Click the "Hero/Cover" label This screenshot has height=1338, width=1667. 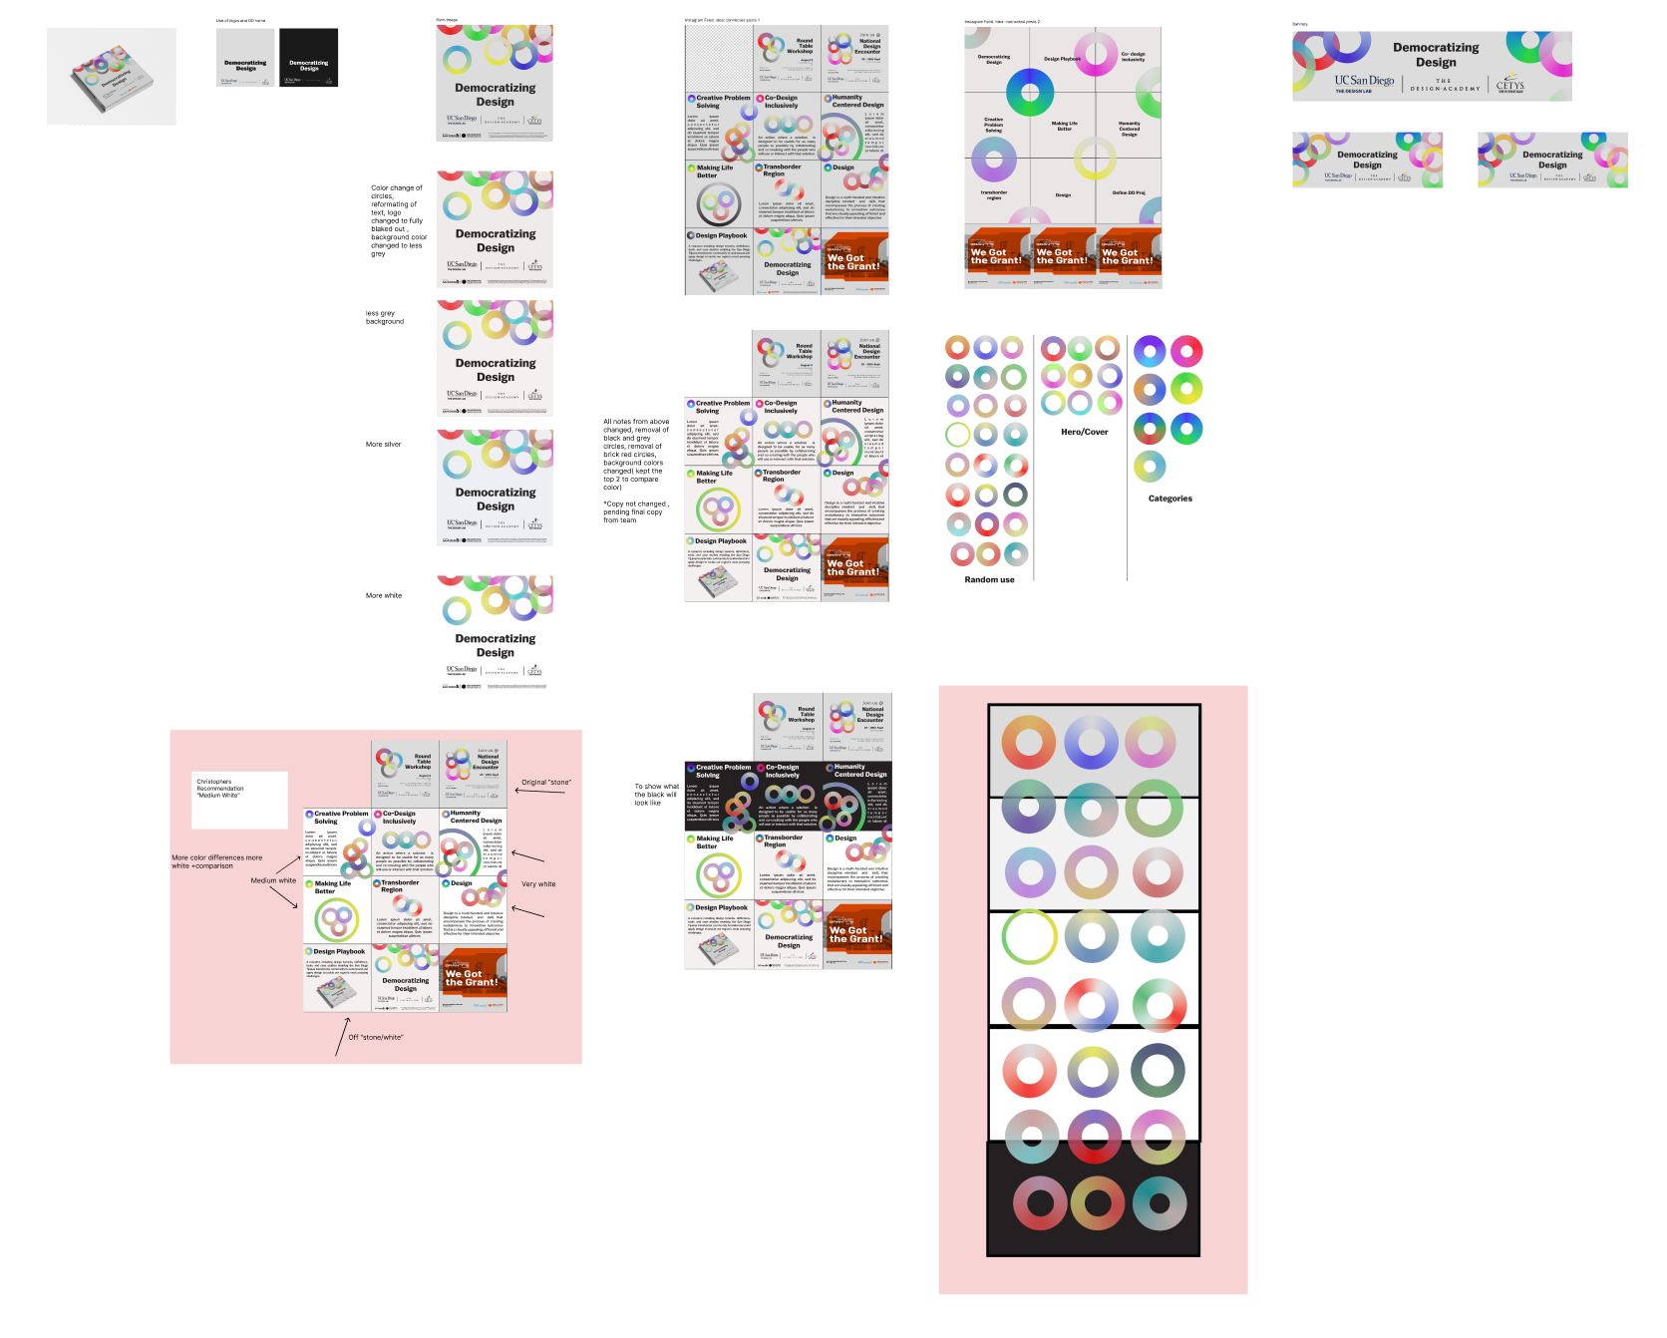click(x=1084, y=432)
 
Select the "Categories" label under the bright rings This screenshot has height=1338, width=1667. click(x=1169, y=499)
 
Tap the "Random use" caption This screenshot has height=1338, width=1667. click(x=989, y=579)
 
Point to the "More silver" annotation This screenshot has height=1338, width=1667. click(x=383, y=445)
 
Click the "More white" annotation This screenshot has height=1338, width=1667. click(x=384, y=595)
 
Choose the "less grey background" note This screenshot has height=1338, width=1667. click(x=385, y=317)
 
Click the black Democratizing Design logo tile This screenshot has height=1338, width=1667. click(x=308, y=58)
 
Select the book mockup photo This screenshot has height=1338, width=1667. click(x=112, y=77)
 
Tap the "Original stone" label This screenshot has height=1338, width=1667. click(x=546, y=783)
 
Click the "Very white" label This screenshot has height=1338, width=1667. click(x=538, y=884)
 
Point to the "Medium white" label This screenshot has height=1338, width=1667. click(x=273, y=880)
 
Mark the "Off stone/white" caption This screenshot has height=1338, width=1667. click(x=376, y=1037)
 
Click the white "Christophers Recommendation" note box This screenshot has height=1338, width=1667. click(x=240, y=800)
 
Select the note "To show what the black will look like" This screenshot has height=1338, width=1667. click(x=656, y=795)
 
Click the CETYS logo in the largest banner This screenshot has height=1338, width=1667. click(x=1509, y=85)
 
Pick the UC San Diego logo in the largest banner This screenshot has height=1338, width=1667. click(x=1364, y=83)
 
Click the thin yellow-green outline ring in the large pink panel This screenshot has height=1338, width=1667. click(x=1029, y=936)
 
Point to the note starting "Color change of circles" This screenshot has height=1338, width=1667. click(x=398, y=220)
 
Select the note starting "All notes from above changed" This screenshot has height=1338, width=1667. click(x=635, y=455)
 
